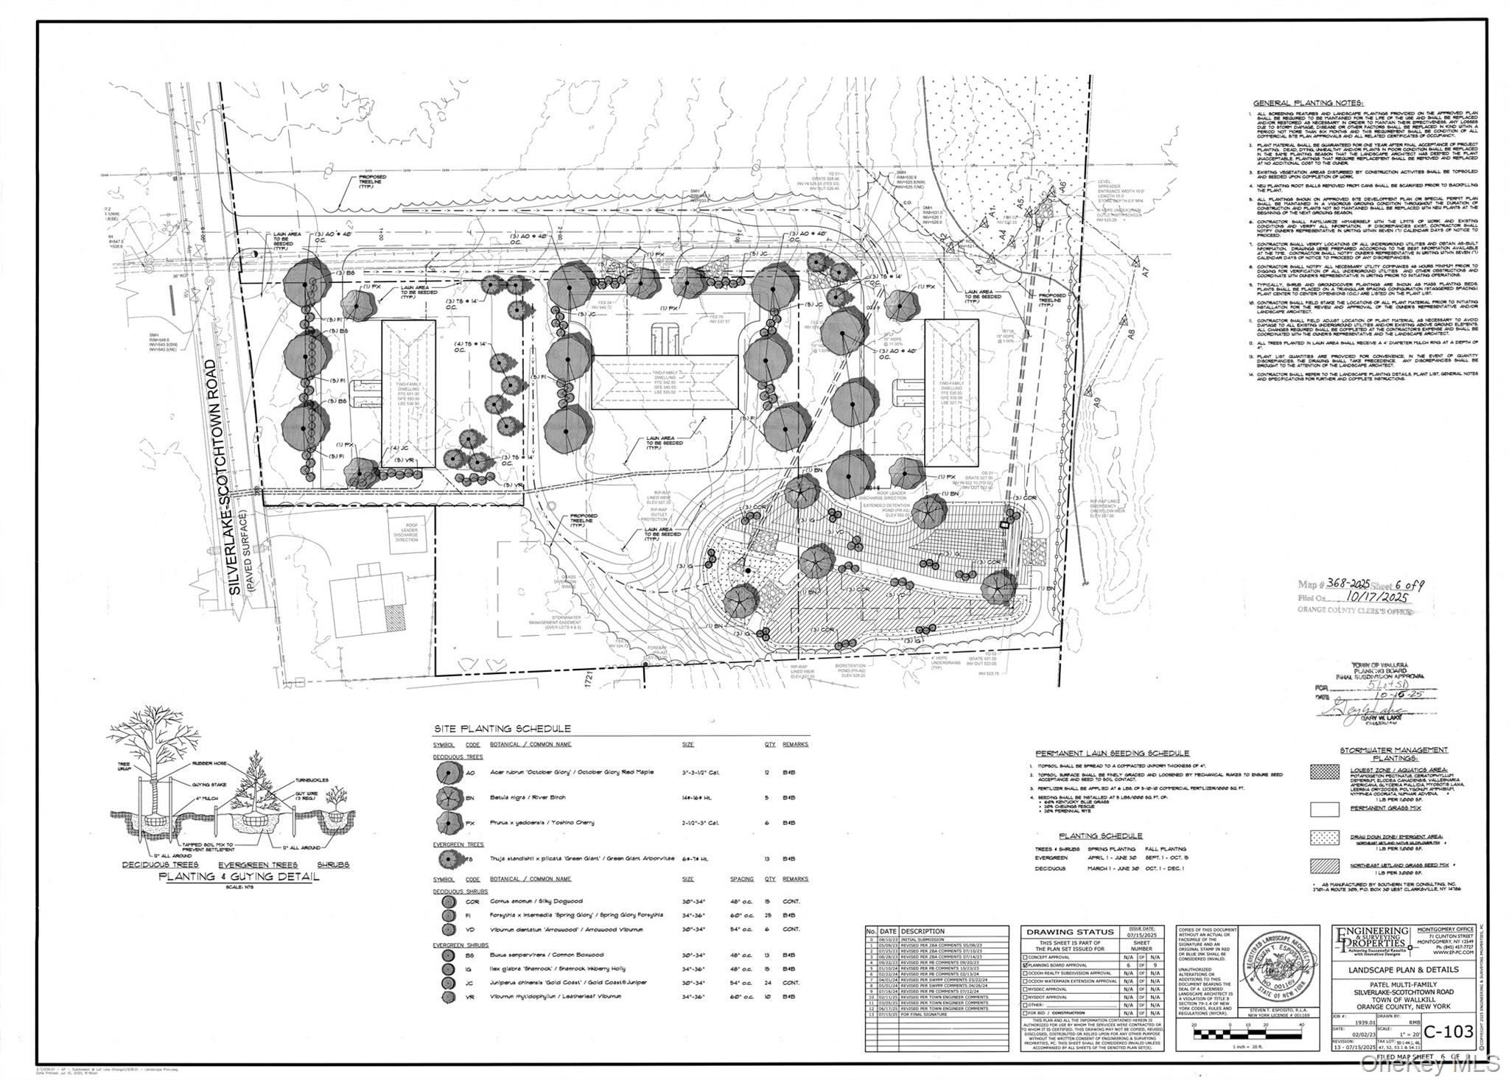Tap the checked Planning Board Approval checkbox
(x=1024, y=964)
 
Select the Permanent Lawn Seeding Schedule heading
(x=1112, y=753)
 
